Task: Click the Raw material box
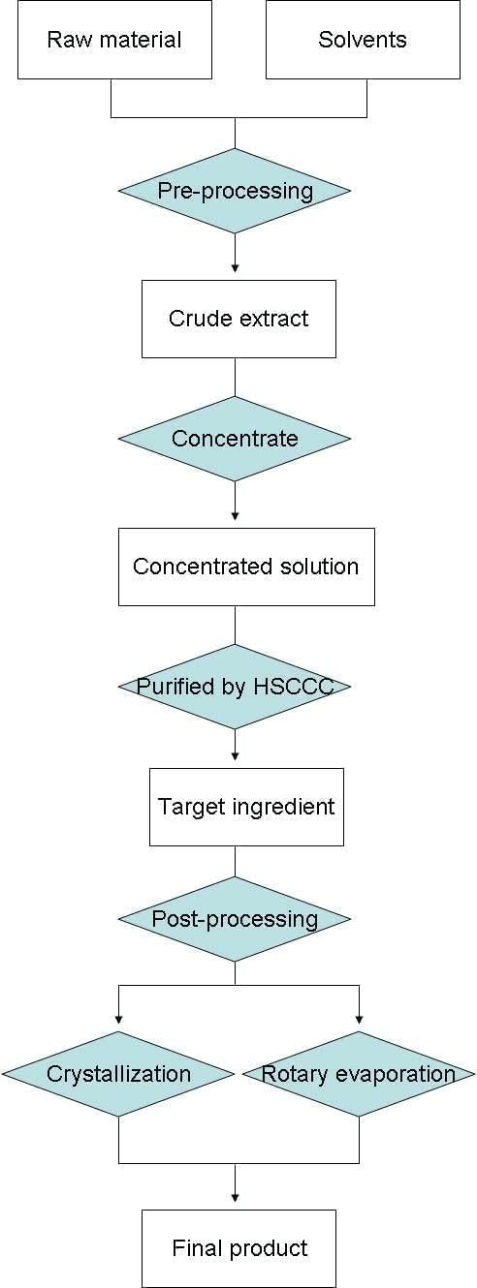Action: [114, 40]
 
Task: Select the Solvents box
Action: [363, 40]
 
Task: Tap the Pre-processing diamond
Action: [235, 191]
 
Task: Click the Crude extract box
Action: [238, 319]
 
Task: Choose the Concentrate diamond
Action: [235, 439]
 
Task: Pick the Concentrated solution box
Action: [246, 567]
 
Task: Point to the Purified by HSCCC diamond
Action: [235, 687]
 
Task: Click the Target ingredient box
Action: [246, 807]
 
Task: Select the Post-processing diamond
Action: [235, 919]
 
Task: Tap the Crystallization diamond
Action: [118, 1074]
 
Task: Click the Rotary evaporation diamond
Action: [359, 1074]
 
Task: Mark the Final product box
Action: [238, 1248]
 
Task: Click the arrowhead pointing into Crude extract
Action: [235, 267]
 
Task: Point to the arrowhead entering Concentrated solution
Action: [235, 515]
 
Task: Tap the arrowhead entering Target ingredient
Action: [235, 755]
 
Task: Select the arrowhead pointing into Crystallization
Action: [118, 1019]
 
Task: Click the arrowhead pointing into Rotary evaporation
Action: [359, 1019]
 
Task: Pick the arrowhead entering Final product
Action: [235, 1197]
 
